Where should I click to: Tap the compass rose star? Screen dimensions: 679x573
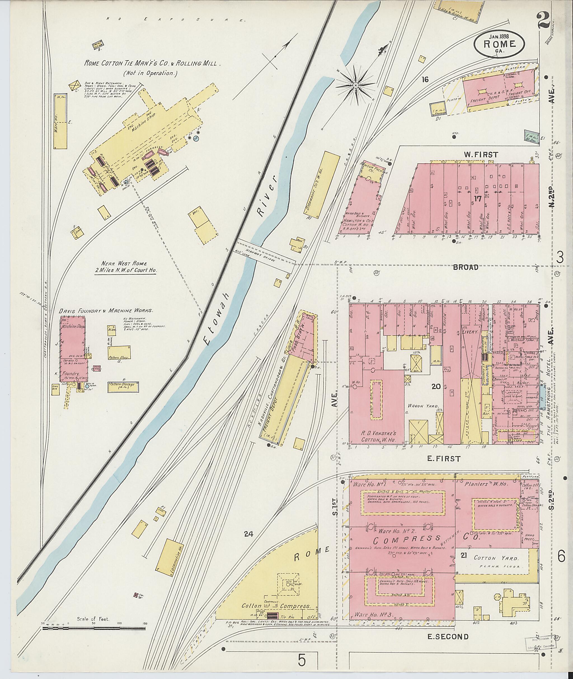click(356, 85)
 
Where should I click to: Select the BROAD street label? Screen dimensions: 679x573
click(466, 267)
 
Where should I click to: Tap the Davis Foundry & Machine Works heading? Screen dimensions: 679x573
click(106, 311)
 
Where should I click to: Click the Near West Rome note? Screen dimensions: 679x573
click(125, 265)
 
